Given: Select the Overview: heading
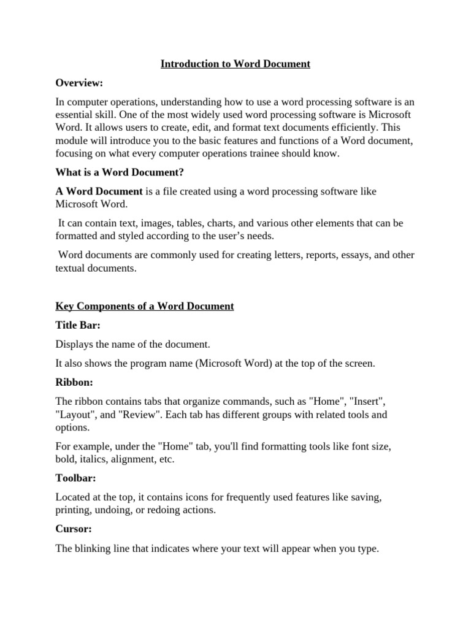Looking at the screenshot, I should [x=79, y=82].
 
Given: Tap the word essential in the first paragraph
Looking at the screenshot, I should [x=75, y=115].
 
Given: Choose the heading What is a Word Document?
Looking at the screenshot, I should [x=120, y=173].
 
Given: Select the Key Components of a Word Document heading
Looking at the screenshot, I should [x=145, y=306].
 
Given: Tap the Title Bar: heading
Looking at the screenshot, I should [x=78, y=326].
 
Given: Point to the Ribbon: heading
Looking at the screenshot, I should [x=74, y=382].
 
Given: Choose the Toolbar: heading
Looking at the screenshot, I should [x=77, y=478].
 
